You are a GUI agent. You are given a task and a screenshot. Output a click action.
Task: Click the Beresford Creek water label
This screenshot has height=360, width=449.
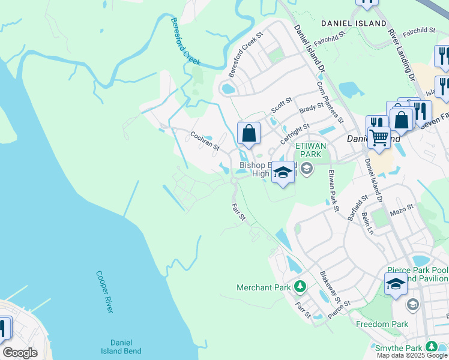(185, 41)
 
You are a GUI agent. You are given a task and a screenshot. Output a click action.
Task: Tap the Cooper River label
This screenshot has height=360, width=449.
(104, 291)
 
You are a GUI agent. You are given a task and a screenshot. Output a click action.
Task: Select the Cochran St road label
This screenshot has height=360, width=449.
(205, 140)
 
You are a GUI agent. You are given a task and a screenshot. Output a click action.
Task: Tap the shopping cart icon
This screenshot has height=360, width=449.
(379, 137)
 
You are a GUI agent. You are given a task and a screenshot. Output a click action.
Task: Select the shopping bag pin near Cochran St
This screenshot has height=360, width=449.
(249, 133)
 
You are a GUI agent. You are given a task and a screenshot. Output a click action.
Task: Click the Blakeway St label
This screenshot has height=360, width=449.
(330, 287)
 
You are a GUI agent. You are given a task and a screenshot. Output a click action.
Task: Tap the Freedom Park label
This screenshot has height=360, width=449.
(382, 324)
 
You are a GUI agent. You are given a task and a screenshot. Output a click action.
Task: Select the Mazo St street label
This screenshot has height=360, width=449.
(402, 211)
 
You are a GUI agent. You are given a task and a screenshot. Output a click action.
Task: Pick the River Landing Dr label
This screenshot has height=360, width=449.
(402, 55)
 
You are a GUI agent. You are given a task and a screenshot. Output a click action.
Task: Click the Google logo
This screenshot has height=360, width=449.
(20, 353)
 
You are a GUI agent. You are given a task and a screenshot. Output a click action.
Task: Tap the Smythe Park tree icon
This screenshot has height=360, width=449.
(431, 347)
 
